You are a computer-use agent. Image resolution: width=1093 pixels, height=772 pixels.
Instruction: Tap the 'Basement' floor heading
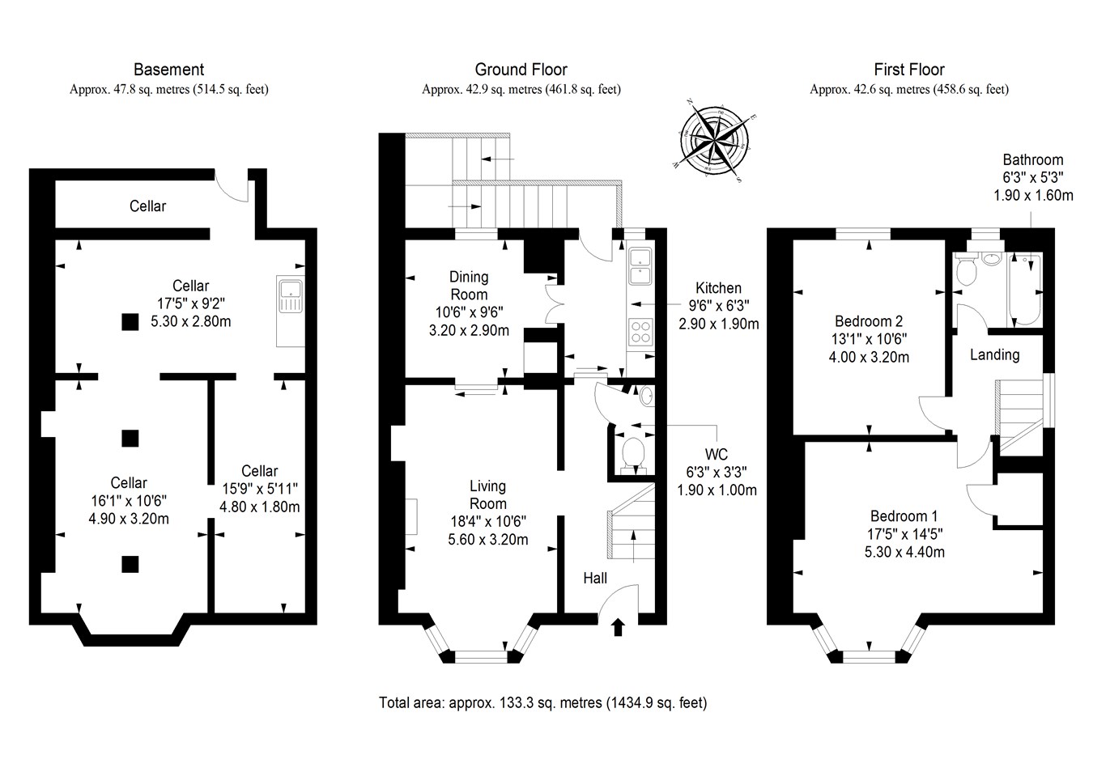[168, 70]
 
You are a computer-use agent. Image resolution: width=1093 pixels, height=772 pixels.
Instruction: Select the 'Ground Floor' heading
[521, 70]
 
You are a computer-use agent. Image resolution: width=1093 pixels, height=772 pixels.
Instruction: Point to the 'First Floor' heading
[908, 70]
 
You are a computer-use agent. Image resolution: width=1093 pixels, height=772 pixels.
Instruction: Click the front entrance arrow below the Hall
[619, 626]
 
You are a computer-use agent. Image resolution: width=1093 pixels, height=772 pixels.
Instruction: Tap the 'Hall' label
[595, 578]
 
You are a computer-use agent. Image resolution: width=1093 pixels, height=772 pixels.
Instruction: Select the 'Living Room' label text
[487, 494]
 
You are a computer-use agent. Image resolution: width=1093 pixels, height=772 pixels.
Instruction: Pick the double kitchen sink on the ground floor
[641, 267]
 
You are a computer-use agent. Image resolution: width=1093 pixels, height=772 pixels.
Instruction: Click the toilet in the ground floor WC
[631, 454]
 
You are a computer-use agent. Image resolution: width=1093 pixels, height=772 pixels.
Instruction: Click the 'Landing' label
[994, 354]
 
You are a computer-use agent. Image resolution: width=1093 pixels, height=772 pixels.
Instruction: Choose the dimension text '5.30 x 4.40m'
[904, 552]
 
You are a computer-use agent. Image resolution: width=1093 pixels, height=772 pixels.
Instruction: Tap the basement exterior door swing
[234, 188]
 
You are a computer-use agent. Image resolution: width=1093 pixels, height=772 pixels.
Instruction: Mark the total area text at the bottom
[542, 702]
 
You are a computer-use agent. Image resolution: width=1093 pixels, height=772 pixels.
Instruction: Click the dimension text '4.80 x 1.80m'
[259, 507]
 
